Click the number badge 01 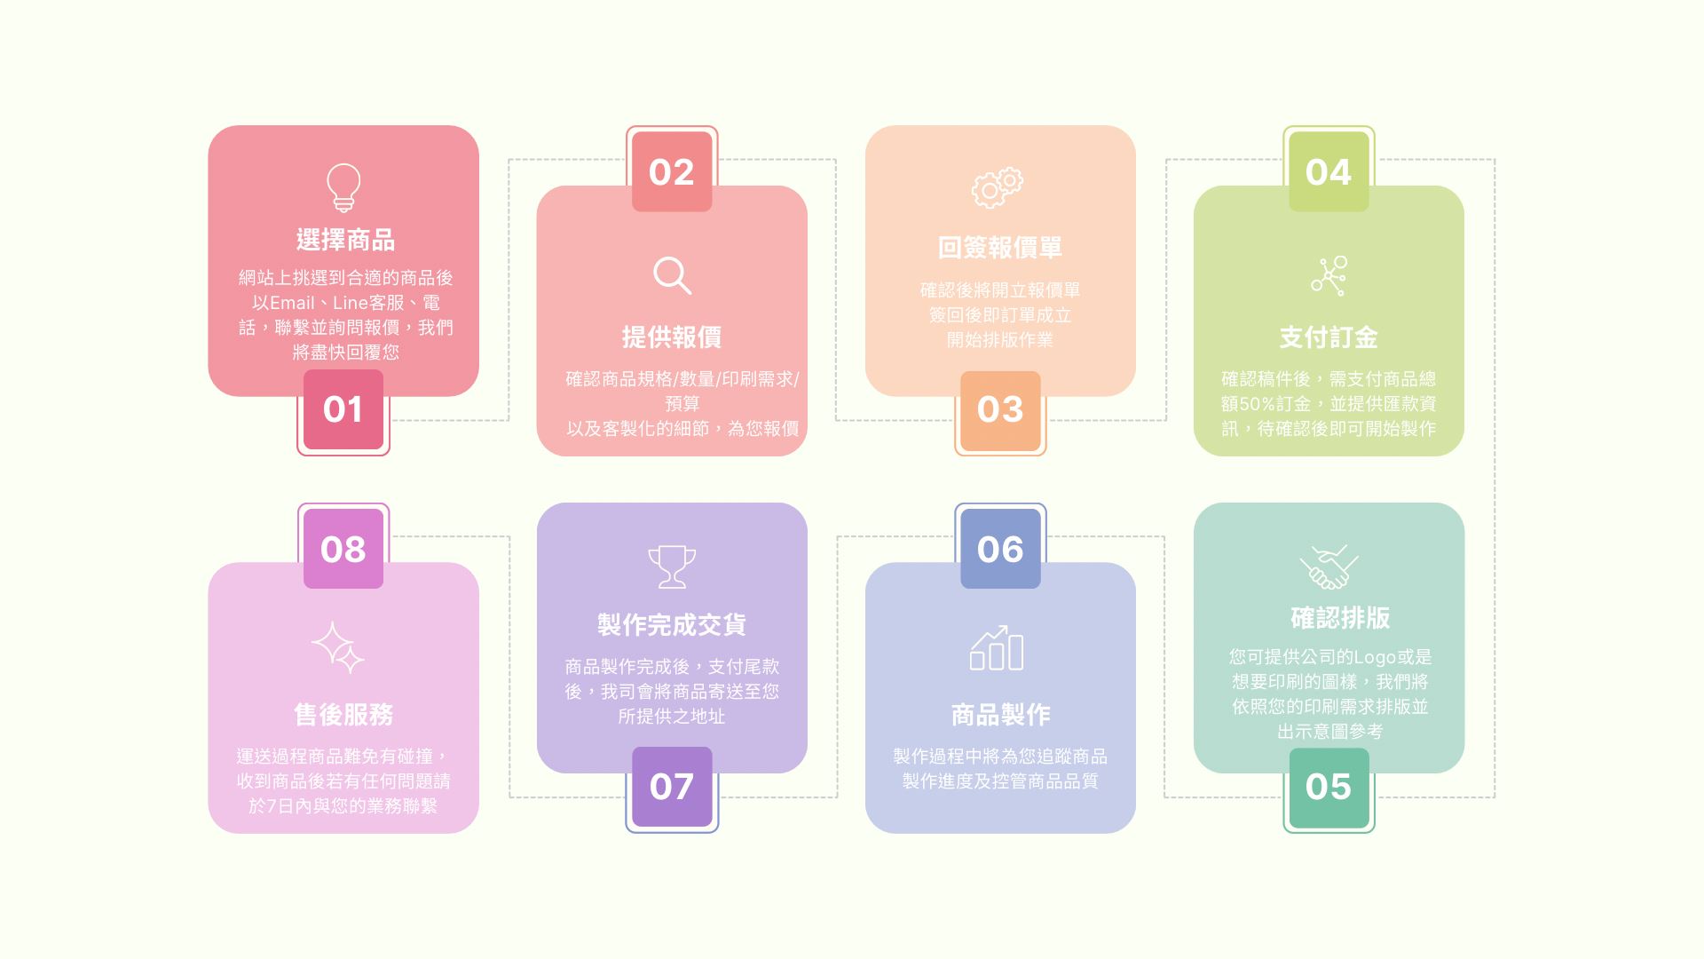click(x=343, y=409)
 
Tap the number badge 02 click(x=672, y=171)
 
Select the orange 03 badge click(x=1000, y=410)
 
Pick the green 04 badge click(x=1329, y=171)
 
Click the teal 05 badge click(x=1329, y=788)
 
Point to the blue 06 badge click(x=1000, y=549)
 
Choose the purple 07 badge click(x=672, y=788)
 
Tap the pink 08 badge click(x=343, y=549)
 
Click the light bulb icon click(x=343, y=187)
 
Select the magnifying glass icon click(x=672, y=275)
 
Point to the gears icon click(x=998, y=187)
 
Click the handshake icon click(x=1329, y=567)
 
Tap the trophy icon click(x=672, y=567)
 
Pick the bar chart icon click(x=998, y=648)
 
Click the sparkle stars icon click(x=338, y=647)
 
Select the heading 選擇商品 click(x=345, y=240)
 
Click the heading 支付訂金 click(x=1329, y=337)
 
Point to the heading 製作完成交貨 click(x=672, y=625)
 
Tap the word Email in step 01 click(x=292, y=303)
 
